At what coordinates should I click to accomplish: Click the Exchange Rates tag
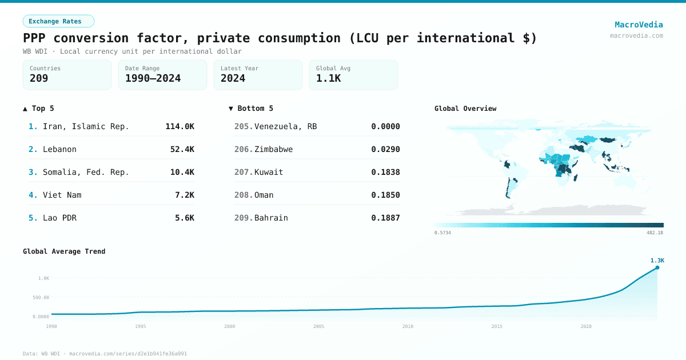[x=58, y=21]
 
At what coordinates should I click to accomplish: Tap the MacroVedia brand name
[x=639, y=25]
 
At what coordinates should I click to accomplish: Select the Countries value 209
[x=39, y=78]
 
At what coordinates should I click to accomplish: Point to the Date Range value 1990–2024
[x=153, y=78]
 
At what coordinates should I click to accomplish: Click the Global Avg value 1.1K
[x=328, y=78]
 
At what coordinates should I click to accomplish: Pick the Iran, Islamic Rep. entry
[x=86, y=126]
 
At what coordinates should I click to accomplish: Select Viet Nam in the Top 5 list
[x=62, y=195]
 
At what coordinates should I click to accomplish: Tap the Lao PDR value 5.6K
[x=184, y=218]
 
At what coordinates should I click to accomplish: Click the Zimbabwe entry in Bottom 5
[x=273, y=149]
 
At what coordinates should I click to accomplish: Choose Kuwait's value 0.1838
[x=385, y=172]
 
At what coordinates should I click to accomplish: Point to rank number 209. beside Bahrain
[x=244, y=218]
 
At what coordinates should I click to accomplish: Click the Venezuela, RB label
[x=285, y=126]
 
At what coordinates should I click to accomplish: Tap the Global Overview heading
[x=465, y=109]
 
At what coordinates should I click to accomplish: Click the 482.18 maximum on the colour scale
[x=655, y=233]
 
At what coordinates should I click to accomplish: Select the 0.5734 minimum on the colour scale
[x=442, y=233]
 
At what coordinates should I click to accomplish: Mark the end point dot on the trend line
[x=657, y=267]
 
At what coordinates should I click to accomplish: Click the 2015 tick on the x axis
[x=497, y=326]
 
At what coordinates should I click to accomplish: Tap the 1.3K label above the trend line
[x=657, y=261]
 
